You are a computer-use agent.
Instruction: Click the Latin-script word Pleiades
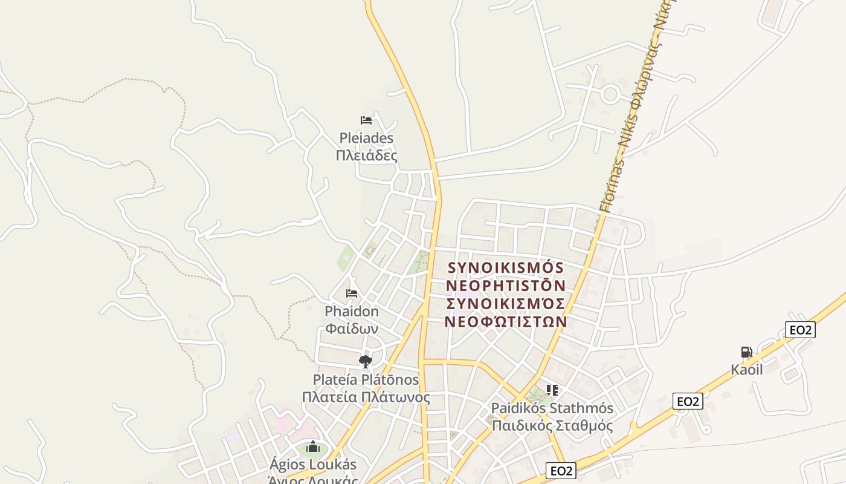pyautogui.click(x=366, y=139)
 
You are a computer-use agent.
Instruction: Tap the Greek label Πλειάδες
pyautogui.click(x=366, y=155)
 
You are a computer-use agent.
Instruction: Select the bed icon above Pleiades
pyautogui.click(x=366, y=120)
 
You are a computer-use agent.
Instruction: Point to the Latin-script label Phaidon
pyautogui.click(x=352, y=312)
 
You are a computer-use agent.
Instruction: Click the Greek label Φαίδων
pyautogui.click(x=352, y=329)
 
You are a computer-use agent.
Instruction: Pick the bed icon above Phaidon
pyautogui.click(x=352, y=293)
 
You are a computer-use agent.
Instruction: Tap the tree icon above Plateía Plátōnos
pyautogui.click(x=365, y=362)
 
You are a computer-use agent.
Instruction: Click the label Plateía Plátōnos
pyautogui.click(x=366, y=380)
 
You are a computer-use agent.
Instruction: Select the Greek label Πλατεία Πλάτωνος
pyautogui.click(x=366, y=397)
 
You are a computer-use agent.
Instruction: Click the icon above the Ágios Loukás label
pyautogui.click(x=312, y=448)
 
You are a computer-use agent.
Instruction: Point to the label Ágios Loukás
pyautogui.click(x=312, y=465)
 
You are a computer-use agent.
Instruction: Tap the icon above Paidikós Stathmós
pyautogui.click(x=552, y=390)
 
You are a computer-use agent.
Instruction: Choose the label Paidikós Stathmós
pyautogui.click(x=552, y=408)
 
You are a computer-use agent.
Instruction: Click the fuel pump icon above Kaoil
pyautogui.click(x=747, y=352)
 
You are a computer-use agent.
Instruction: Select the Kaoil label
pyautogui.click(x=747, y=370)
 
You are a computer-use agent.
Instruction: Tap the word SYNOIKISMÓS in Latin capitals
pyautogui.click(x=506, y=268)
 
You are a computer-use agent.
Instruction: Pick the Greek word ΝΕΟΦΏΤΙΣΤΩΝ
pyautogui.click(x=506, y=321)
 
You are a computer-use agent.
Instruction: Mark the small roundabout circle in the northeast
pyautogui.click(x=610, y=94)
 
